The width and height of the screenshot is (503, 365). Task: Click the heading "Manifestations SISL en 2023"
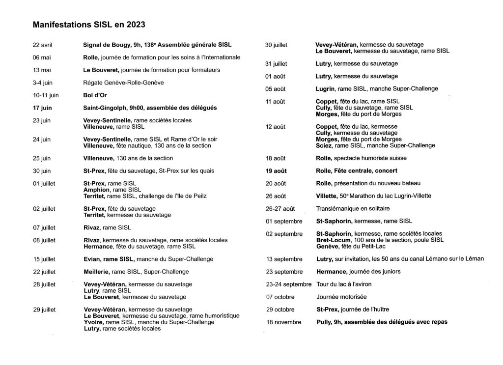pyautogui.click(x=88, y=24)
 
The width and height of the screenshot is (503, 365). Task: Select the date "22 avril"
pyautogui.click(x=43, y=45)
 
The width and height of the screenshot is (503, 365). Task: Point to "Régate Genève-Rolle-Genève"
pyautogui.click(x=123, y=83)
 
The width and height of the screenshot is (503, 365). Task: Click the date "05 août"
pyautogui.click(x=276, y=89)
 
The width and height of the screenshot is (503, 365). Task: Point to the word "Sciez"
pyautogui.click(x=324, y=145)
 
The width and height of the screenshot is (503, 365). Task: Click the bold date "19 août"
pyautogui.click(x=276, y=171)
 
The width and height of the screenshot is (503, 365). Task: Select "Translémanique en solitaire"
pyautogui.click(x=349, y=209)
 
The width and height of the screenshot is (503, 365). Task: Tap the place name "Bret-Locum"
pyautogui.click(x=333, y=240)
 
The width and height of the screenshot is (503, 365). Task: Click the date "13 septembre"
pyautogui.click(x=284, y=259)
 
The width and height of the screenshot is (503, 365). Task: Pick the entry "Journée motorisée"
pyautogui.click(x=341, y=297)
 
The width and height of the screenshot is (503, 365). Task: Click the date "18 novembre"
pyautogui.click(x=283, y=322)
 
